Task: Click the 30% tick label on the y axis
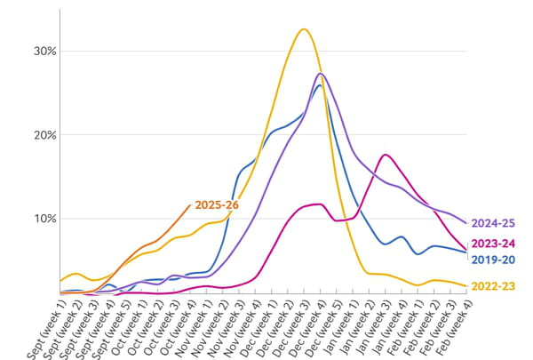(44, 52)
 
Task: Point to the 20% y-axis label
(44, 135)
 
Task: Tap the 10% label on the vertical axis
(44, 219)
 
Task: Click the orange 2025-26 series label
(217, 205)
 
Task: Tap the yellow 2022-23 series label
(496, 286)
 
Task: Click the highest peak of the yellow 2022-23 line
(304, 29)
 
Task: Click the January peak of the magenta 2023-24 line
(385, 155)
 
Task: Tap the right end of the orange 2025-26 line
(190, 204)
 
